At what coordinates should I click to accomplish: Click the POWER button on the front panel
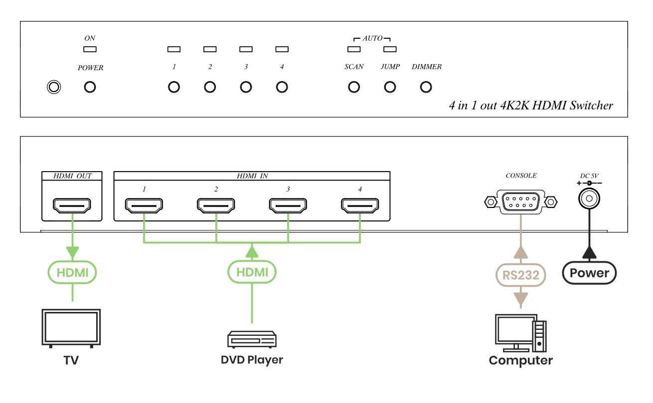point(90,87)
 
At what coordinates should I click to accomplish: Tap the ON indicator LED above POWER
point(90,49)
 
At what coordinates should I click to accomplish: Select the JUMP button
point(390,87)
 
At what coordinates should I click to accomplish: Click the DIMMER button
point(426,87)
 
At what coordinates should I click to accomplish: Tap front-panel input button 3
point(246,87)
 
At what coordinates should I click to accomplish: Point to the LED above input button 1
point(174,49)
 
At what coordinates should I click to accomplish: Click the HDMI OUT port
point(72,205)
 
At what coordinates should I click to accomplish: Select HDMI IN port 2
point(216,205)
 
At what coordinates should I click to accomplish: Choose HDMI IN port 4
point(360,205)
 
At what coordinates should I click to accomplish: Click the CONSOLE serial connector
point(520,201)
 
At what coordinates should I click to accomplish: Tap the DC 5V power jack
point(589,199)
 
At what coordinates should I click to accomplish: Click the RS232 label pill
point(520,275)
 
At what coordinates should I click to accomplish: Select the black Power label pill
point(589,273)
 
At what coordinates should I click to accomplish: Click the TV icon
point(71,328)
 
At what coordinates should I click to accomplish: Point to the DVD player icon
point(252,339)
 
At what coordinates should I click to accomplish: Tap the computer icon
point(520,333)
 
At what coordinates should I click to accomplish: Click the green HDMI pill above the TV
point(72,272)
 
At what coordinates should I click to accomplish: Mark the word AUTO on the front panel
point(372,38)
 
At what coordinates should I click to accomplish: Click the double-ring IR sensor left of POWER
point(54,87)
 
